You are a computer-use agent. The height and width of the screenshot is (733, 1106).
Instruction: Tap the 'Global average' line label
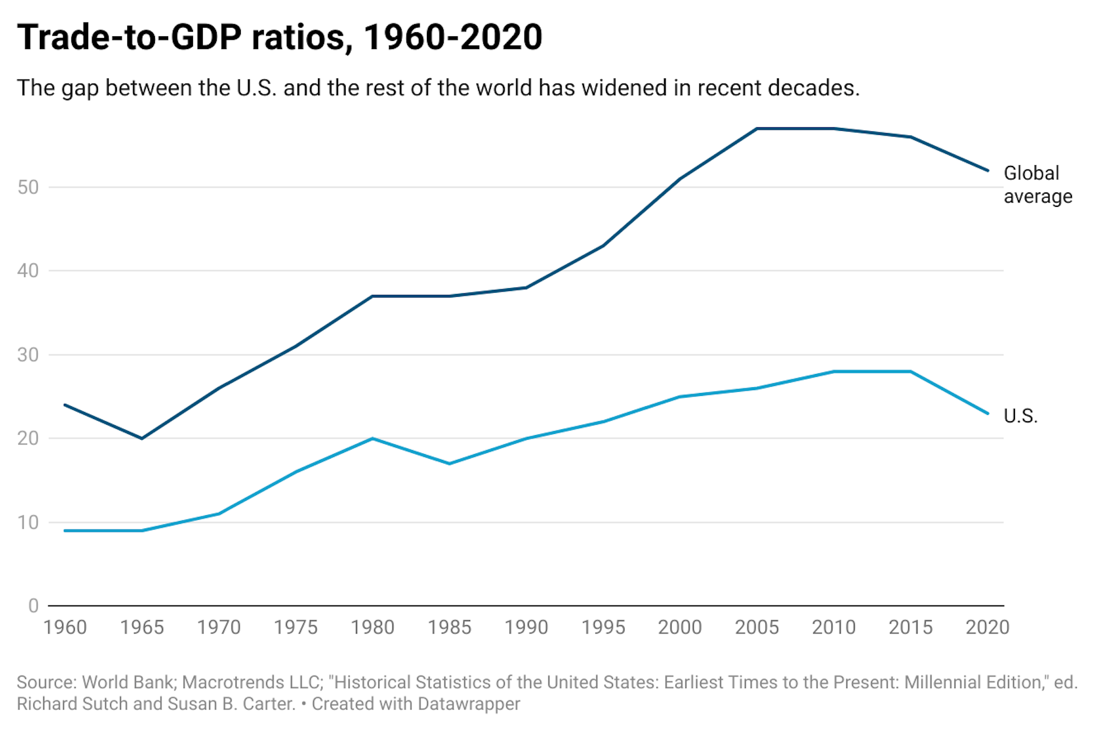1037,184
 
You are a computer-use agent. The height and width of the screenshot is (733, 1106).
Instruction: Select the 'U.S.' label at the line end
1020,415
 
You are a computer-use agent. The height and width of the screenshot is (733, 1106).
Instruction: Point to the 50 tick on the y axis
28,187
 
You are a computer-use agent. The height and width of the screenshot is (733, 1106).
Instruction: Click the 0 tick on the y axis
33,606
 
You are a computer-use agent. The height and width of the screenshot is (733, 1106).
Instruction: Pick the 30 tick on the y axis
28,355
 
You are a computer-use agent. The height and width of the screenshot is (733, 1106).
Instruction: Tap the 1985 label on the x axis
449,627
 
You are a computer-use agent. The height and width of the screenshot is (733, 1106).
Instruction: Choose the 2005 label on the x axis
756,627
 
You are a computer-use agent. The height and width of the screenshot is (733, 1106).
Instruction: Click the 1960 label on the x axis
65,627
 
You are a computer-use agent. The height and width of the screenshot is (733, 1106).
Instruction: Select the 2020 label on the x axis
987,627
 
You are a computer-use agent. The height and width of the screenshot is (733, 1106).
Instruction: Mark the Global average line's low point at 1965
142,439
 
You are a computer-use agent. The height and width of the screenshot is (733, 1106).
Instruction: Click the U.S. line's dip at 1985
449,463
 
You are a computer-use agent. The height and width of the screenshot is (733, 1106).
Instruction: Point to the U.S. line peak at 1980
373,439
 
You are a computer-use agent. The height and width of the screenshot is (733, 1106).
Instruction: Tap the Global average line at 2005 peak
757,129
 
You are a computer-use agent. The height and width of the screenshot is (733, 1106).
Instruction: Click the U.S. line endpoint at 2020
988,413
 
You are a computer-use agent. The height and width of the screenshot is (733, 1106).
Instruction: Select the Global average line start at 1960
65,405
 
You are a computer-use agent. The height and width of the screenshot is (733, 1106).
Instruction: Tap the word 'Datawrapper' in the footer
469,704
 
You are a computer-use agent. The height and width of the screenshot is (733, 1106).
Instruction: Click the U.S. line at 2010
834,372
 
